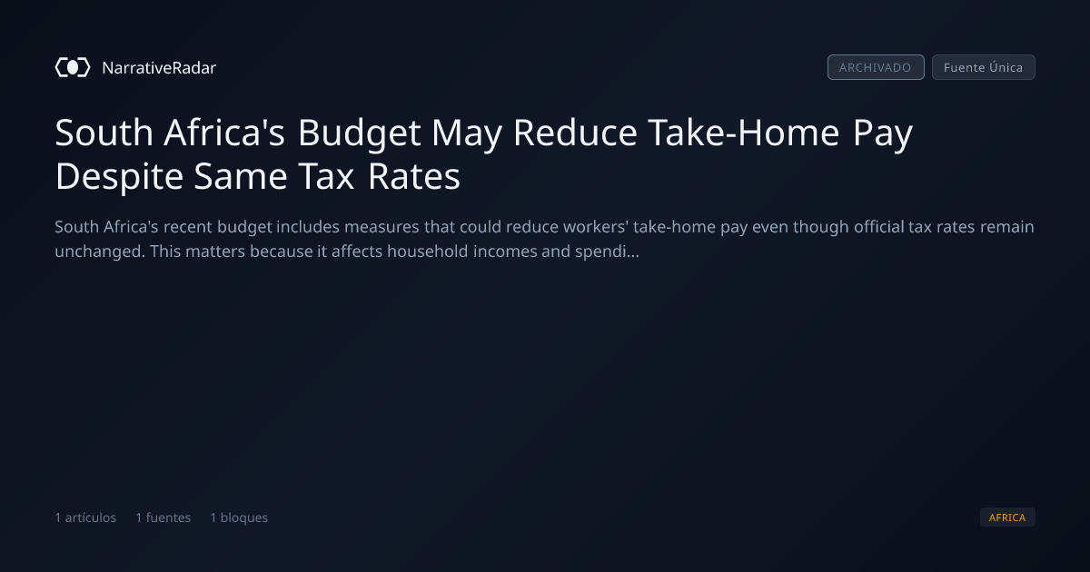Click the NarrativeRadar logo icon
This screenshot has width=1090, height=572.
pyautogui.click(x=73, y=67)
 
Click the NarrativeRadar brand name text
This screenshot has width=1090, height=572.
pyautogui.click(x=159, y=67)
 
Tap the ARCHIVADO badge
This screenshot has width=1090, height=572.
pyautogui.click(x=876, y=67)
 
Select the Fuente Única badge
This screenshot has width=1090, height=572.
pyautogui.click(x=984, y=67)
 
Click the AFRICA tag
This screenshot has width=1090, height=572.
pyautogui.click(x=1007, y=517)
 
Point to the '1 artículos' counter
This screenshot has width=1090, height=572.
pyautogui.click(x=85, y=518)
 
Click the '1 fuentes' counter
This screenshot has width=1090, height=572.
pyautogui.click(x=163, y=518)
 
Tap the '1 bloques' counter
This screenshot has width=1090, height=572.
pyautogui.click(x=239, y=518)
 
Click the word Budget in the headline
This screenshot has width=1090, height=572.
pyautogui.click(x=359, y=133)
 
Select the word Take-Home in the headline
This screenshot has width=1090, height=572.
pyautogui.click(x=744, y=133)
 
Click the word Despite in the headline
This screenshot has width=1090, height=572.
pyautogui.click(x=119, y=177)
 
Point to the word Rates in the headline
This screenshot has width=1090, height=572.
pyautogui.click(x=413, y=176)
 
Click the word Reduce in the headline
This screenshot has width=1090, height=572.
pyautogui.click(x=575, y=133)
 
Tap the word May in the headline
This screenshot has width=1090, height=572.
pyautogui.click(x=467, y=133)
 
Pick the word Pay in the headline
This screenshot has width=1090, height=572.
pyautogui.click(x=882, y=133)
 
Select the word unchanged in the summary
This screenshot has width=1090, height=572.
pyautogui.click(x=100, y=251)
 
